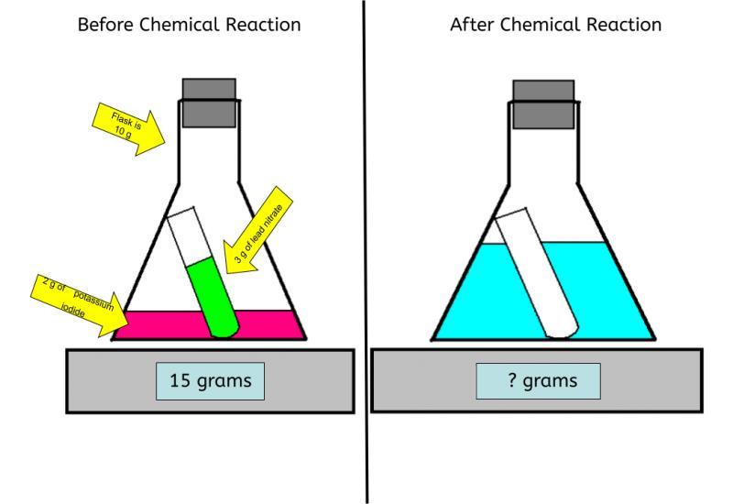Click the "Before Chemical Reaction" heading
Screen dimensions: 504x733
click(189, 25)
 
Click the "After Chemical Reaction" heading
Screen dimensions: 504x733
click(555, 25)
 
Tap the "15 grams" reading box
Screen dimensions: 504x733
click(212, 380)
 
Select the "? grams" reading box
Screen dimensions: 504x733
click(539, 380)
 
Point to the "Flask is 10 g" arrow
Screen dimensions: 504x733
click(128, 126)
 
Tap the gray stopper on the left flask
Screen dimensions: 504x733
click(209, 102)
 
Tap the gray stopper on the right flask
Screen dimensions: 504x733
click(543, 103)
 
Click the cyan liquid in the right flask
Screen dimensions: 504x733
click(605, 293)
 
